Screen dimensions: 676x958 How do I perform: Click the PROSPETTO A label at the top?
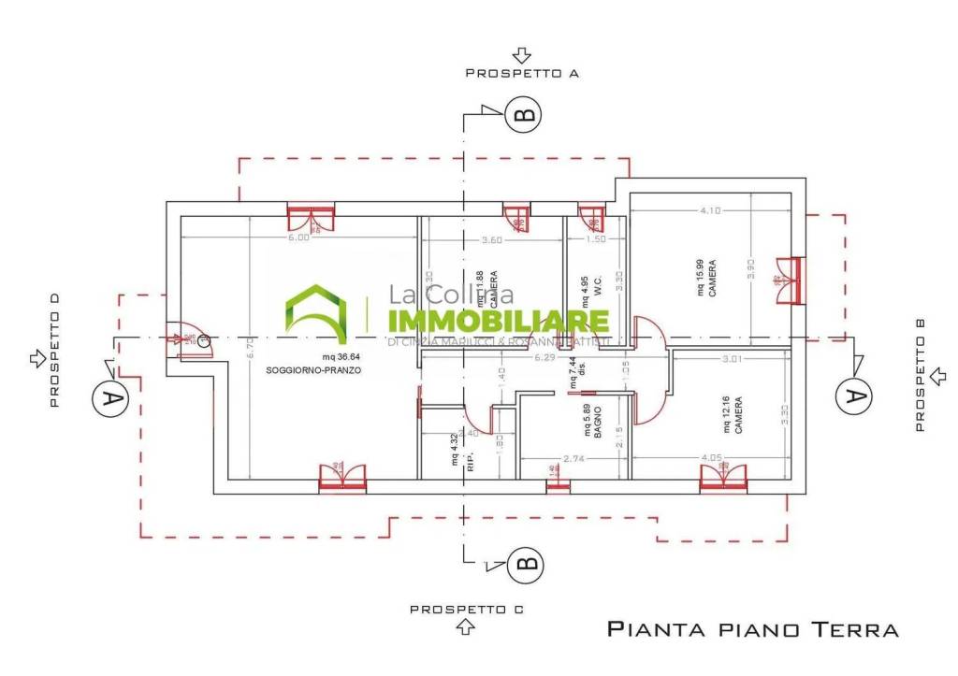(x=522, y=72)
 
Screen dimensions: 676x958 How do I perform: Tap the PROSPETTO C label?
(x=466, y=609)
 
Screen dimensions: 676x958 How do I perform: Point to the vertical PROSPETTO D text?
(x=54, y=350)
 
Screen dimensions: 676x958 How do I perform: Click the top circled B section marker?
(x=524, y=114)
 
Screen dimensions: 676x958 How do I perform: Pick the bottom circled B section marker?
(x=527, y=564)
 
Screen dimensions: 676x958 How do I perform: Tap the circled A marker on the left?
(x=110, y=398)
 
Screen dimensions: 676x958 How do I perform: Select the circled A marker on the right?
(x=852, y=396)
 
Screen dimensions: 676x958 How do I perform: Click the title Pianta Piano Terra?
(x=752, y=628)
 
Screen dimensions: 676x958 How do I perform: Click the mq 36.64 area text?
(x=341, y=356)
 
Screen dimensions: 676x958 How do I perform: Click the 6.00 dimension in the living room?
(x=298, y=237)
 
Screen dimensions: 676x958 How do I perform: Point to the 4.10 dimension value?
(x=710, y=210)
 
